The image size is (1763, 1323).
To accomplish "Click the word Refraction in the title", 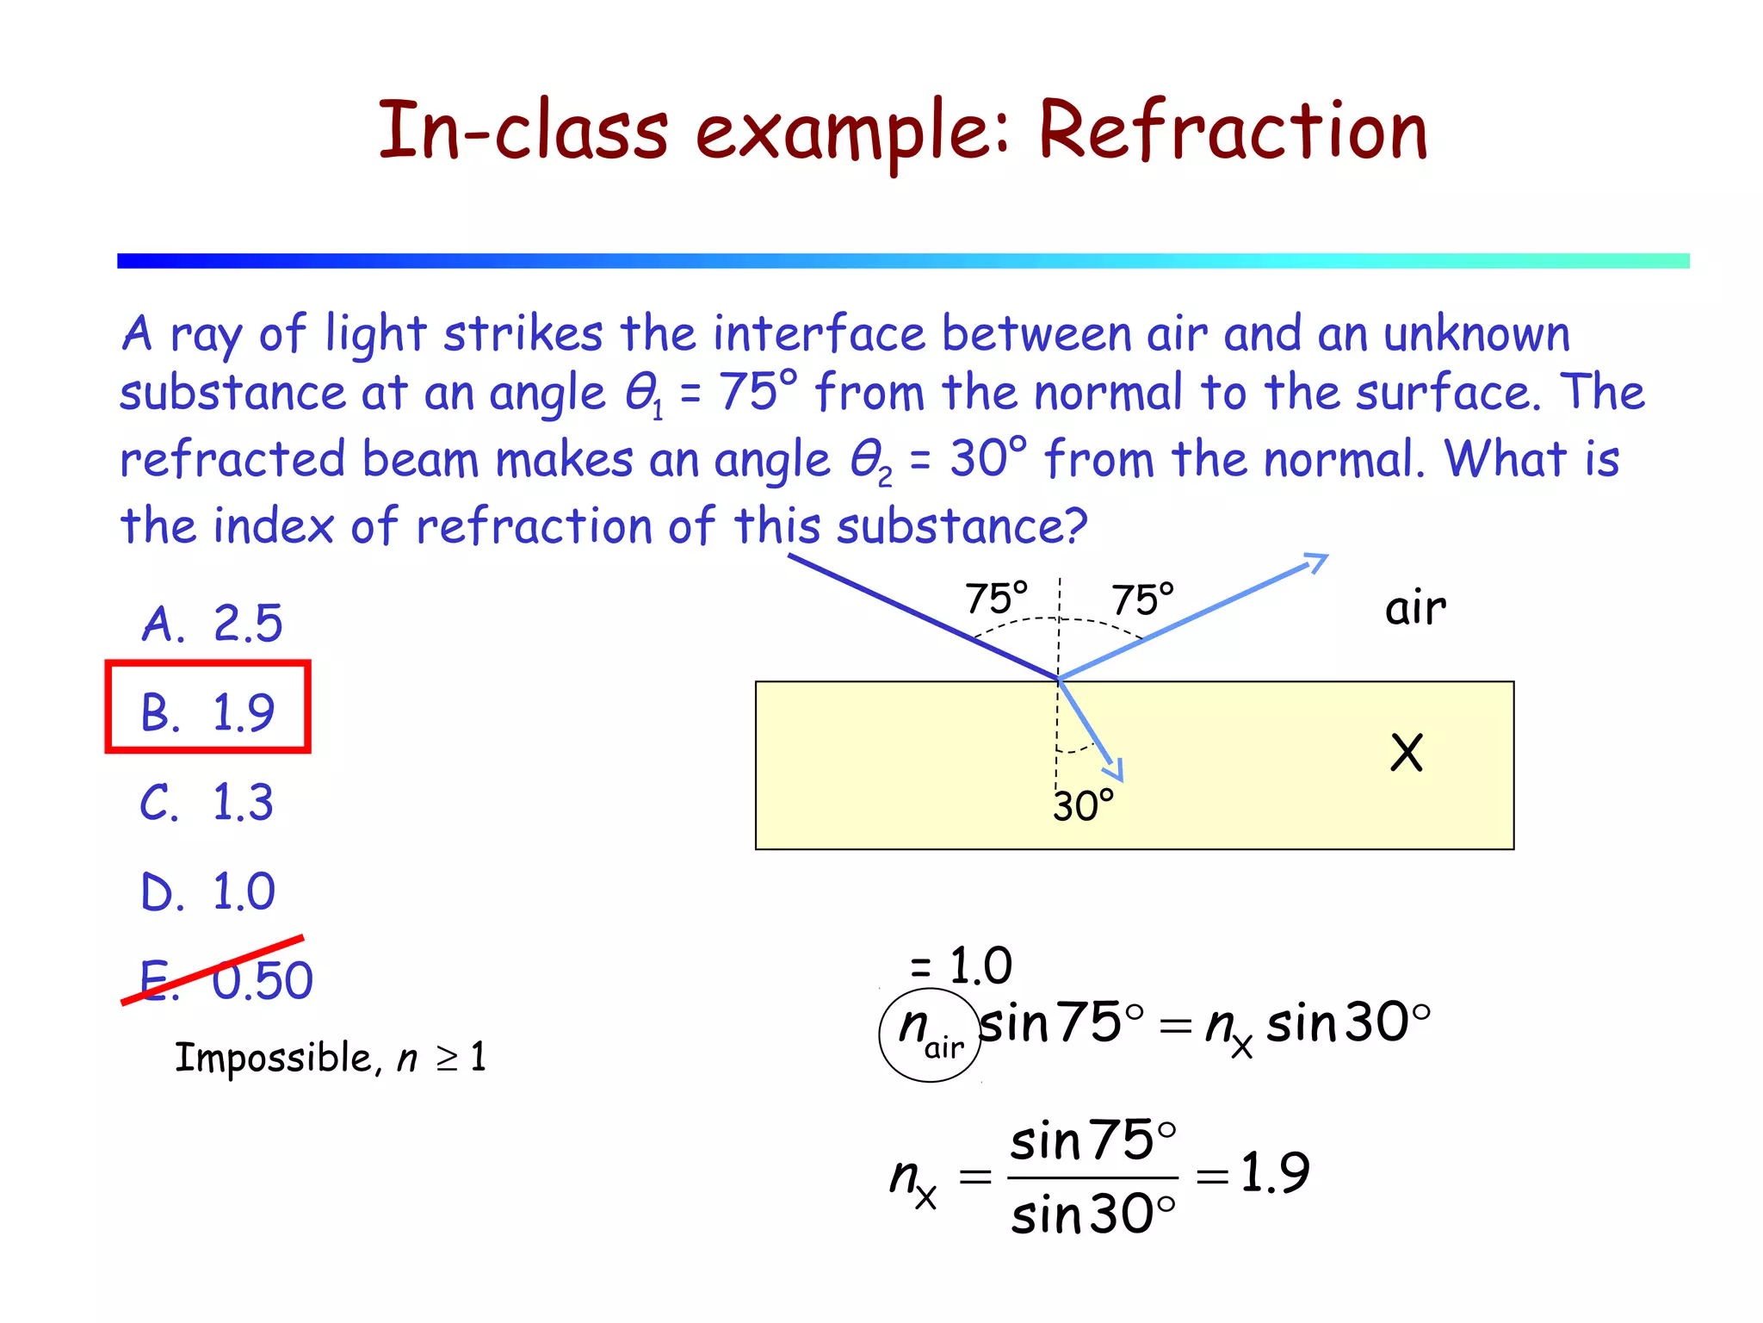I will point(1233,131).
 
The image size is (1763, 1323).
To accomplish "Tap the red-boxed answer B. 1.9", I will point(207,711).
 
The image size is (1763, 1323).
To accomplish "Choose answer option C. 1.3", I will point(207,802).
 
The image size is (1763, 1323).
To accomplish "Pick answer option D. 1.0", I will point(208,891).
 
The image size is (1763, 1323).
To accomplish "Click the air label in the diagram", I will point(1414,608).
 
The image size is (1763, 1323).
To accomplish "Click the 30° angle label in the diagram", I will point(1083,806).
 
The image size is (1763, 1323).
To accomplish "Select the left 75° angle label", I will point(996,598).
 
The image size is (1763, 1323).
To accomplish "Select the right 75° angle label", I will point(1142,599).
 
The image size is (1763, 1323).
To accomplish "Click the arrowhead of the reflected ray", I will point(1317,562).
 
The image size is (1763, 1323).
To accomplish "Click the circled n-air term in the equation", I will point(930,1033).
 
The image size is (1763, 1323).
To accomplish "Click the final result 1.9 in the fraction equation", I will point(1274,1172).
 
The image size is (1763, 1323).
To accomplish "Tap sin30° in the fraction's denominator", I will point(1092,1215).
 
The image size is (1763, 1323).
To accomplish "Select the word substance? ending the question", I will point(962,525).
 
